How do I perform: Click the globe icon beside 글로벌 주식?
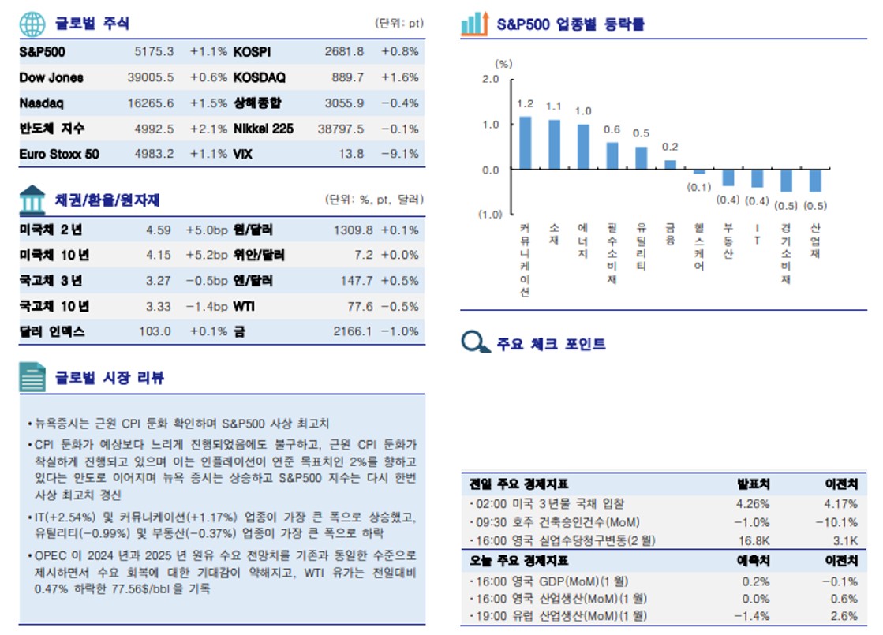[33, 24]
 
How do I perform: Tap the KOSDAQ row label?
[260, 77]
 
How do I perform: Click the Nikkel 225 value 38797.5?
[340, 129]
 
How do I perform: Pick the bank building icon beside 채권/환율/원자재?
[33, 200]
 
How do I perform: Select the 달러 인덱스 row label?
[52, 331]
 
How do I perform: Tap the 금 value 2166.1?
[352, 331]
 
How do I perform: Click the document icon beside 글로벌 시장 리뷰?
[33, 378]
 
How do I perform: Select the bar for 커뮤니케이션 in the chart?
[525, 143]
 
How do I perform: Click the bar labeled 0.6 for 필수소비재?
[612, 155]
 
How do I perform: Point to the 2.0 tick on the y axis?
[490, 79]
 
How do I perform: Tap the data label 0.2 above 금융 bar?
[670, 147]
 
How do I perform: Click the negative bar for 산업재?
[815, 181]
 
